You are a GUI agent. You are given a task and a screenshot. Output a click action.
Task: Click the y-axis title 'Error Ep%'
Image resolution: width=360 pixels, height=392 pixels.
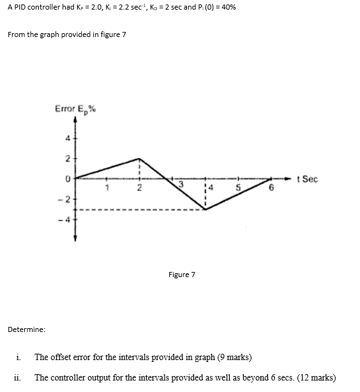(75, 109)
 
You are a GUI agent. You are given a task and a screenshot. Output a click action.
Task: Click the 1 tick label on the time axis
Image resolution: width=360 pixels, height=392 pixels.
(109, 187)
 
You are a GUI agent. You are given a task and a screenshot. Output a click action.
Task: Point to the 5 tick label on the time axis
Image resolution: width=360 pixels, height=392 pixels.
(238, 188)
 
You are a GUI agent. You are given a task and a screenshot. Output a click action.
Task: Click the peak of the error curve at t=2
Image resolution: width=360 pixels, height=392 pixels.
(140, 158)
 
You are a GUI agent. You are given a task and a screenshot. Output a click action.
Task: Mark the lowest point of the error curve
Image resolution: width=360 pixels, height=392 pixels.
(205, 209)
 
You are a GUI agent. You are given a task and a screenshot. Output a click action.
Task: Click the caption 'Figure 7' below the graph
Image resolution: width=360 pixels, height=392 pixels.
(181, 275)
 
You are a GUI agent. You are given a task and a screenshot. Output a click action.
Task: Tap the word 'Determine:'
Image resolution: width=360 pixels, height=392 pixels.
(26, 329)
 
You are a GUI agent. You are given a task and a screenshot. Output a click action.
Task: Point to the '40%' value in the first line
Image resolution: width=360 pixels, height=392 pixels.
(229, 12)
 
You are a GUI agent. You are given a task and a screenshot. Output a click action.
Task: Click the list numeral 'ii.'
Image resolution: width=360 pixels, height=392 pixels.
(17, 377)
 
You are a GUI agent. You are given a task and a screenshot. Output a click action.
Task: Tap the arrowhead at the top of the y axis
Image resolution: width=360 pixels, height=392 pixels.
(75, 123)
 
